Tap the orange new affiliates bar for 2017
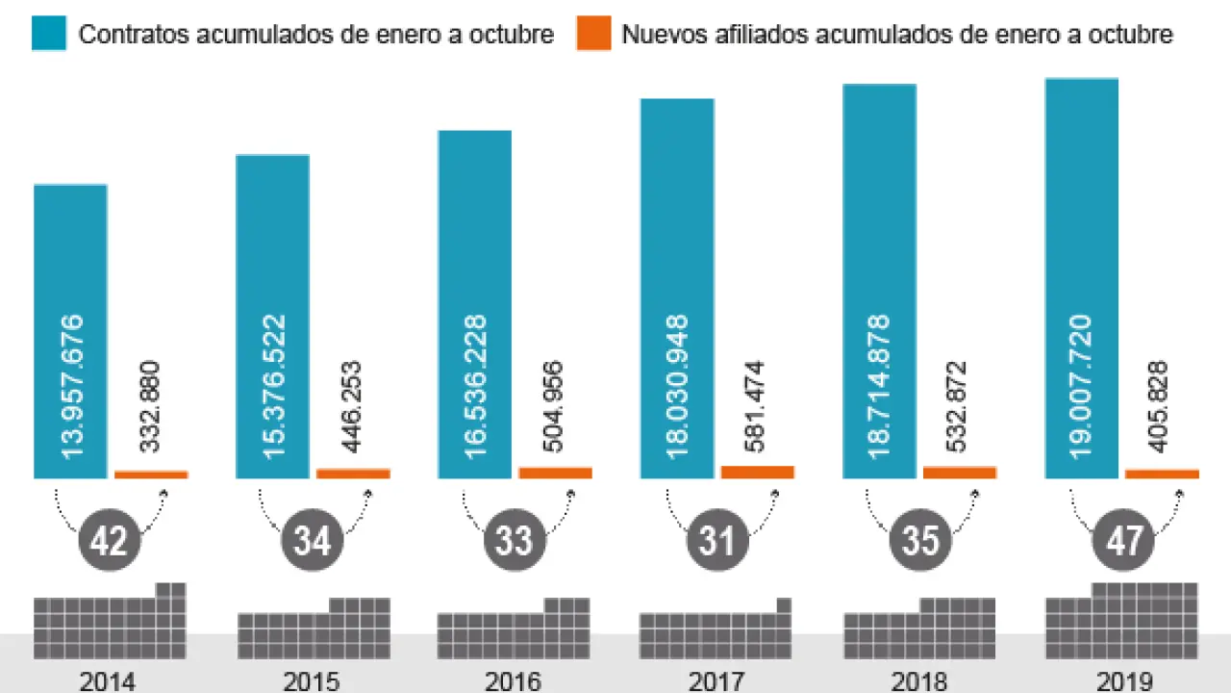(x=758, y=472)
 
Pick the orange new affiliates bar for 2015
(x=353, y=473)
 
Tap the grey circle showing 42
(x=110, y=541)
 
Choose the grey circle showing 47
(x=1122, y=541)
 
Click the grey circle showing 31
(x=717, y=541)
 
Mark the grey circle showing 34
(x=312, y=541)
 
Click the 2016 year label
(x=514, y=681)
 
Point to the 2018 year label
(x=919, y=681)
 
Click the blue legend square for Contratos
(x=49, y=35)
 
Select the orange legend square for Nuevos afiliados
(x=593, y=35)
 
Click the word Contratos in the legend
(x=134, y=35)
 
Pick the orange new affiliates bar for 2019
(x=1162, y=474)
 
